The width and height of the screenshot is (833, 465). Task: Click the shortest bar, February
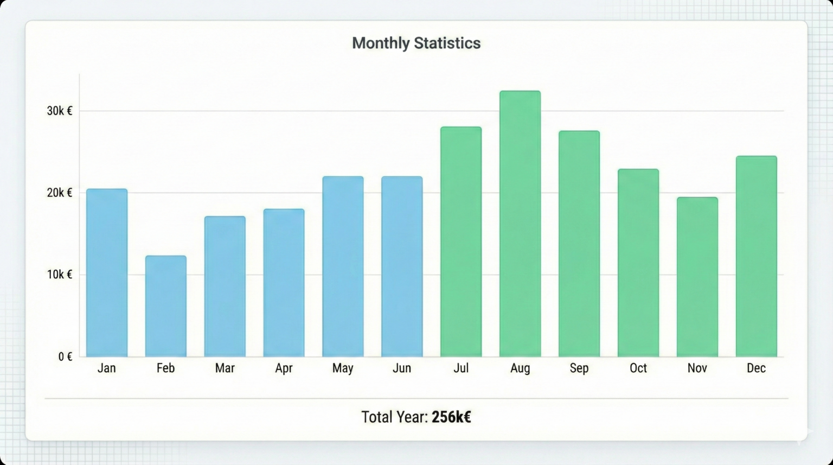click(x=166, y=306)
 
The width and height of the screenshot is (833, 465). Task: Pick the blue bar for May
click(x=343, y=266)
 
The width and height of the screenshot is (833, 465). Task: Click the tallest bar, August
click(x=520, y=224)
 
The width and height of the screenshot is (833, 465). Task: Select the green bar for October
click(x=638, y=263)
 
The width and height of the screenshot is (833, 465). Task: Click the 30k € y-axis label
click(x=59, y=111)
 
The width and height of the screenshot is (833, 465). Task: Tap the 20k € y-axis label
click(x=59, y=193)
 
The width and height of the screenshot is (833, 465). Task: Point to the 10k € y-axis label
click(x=59, y=275)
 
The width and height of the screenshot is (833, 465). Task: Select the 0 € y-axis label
click(x=65, y=356)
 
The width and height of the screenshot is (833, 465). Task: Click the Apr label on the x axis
click(x=284, y=368)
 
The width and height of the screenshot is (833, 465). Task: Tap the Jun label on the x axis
click(x=402, y=368)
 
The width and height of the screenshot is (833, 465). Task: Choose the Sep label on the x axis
click(x=579, y=368)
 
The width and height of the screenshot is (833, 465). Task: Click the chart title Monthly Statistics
click(x=416, y=43)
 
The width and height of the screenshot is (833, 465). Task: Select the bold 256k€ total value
click(x=451, y=417)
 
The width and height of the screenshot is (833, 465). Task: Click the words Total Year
click(x=394, y=417)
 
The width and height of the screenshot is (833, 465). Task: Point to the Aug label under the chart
click(x=520, y=368)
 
